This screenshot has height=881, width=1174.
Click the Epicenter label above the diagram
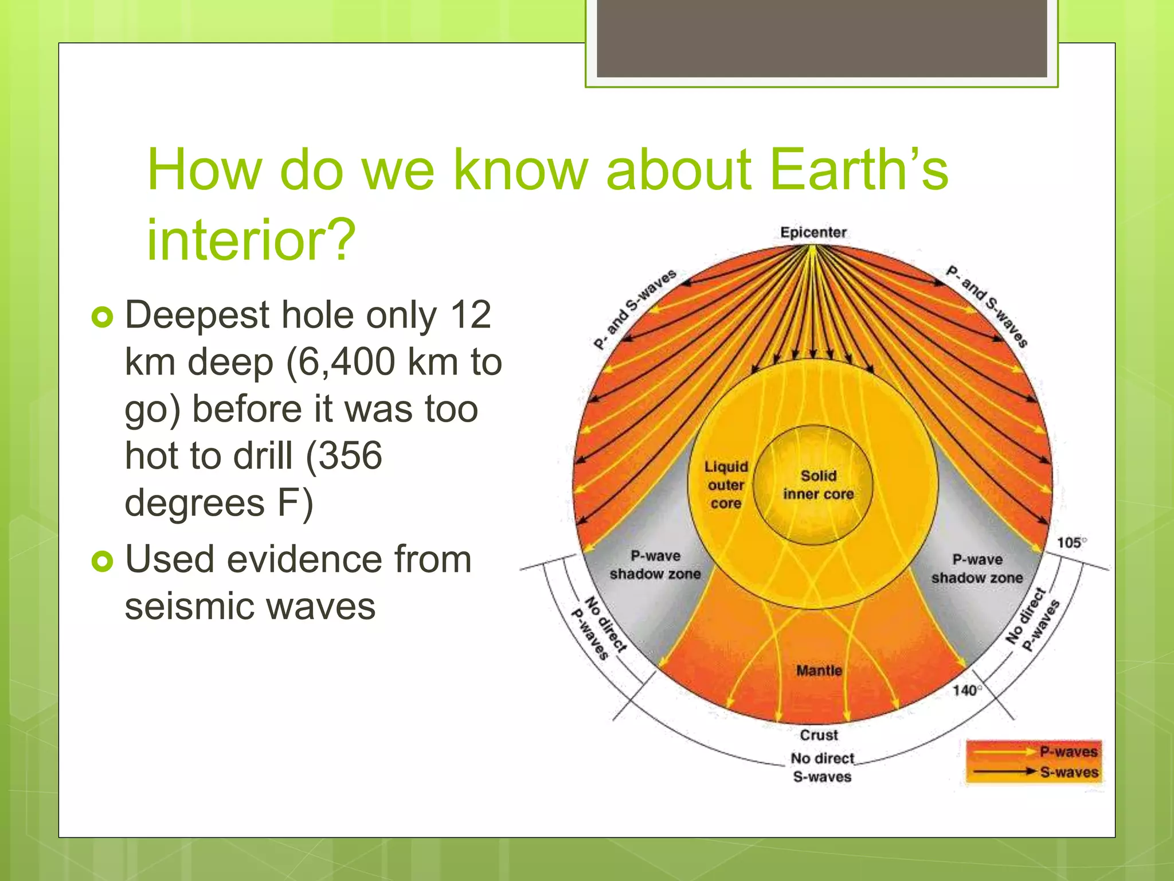813,232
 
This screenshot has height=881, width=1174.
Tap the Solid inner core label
818,485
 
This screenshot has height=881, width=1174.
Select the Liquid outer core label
726,485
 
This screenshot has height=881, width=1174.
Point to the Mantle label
819,671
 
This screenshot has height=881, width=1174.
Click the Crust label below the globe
819,735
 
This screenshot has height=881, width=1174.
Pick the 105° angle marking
1071,543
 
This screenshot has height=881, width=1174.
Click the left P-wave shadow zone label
655,565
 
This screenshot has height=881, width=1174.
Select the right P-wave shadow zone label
977,568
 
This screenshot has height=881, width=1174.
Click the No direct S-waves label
822,767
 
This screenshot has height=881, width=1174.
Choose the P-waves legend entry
1069,751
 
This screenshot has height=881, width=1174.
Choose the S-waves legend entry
1069,772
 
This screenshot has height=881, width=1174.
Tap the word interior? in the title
251,240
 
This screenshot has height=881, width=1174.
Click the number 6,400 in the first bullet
341,362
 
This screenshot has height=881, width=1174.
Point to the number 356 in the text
350,456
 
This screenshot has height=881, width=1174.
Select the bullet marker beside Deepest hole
103,317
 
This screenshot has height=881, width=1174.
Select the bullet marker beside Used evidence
103,561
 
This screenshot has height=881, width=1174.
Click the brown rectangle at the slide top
821,38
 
